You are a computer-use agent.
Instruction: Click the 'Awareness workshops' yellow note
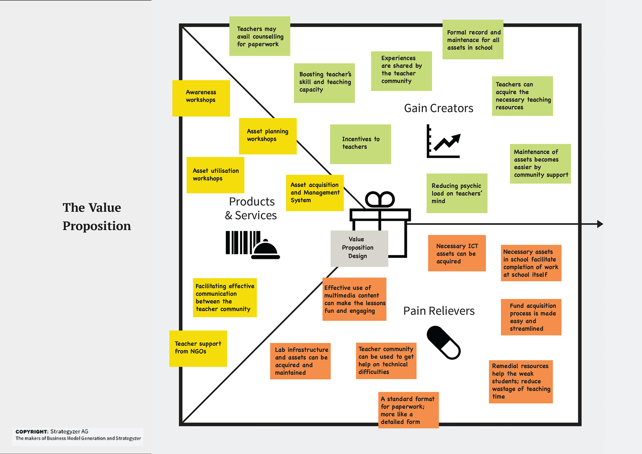click(x=201, y=98)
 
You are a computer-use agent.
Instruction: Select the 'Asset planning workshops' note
click(x=267, y=136)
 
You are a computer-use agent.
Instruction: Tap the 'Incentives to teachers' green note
click(x=360, y=144)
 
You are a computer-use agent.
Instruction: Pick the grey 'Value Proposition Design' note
click(x=359, y=249)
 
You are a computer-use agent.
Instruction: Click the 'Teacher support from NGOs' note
click(x=198, y=348)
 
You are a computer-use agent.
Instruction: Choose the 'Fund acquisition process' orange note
click(x=531, y=317)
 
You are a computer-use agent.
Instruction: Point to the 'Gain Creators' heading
click(x=438, y=108)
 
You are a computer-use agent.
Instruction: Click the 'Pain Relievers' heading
click(x=439, y=311)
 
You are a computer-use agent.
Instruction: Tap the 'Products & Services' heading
click(x=251, y=208)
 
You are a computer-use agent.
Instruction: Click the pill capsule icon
click(x=444, y=343)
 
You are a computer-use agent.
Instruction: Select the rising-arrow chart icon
click(x=443, y=142)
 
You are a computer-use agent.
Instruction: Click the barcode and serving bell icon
click(x=252, y=245)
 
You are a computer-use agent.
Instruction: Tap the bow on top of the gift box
click(x=380, y=200)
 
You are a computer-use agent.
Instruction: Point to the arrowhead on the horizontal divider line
click(x=600, y=224)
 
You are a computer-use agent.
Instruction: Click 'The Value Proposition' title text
click(x=96, y=216)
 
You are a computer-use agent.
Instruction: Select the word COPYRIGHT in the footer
click(x=32, y=432)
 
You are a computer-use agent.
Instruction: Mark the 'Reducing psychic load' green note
click(x=456, y=193)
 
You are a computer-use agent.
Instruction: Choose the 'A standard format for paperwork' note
click(x=408, y=410)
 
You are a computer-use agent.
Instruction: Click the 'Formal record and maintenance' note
click(x=473, y=39)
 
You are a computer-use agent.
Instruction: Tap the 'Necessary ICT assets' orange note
click(x=456, y=253)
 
